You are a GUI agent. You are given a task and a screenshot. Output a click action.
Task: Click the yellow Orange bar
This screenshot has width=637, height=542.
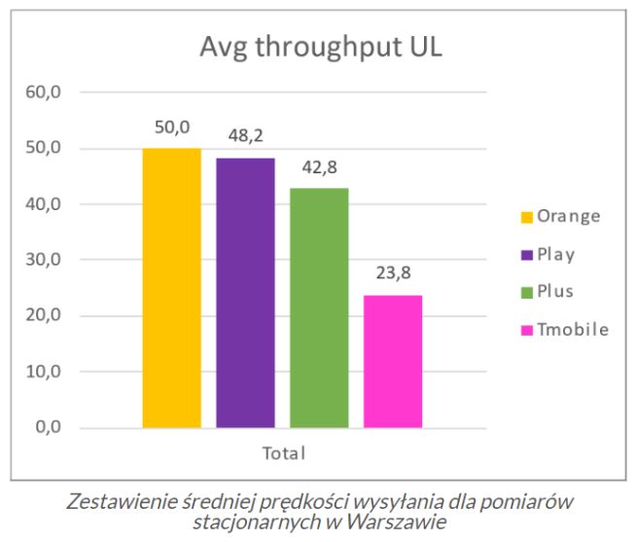[x=171, y=288]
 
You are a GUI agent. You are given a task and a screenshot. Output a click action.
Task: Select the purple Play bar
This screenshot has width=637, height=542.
[x=245, y=293]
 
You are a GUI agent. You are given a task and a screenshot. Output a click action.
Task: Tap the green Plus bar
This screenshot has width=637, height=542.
[x=319, y=307]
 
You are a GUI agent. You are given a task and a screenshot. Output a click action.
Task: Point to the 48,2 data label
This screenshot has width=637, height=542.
[x=245, y=135]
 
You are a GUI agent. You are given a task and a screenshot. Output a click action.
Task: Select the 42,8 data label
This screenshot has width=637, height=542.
[x=319, y=165]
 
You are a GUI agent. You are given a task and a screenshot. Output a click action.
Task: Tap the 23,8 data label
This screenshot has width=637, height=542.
[x=393, y=272]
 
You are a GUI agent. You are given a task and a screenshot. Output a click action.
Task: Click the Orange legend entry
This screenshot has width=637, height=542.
[x=568, y=216]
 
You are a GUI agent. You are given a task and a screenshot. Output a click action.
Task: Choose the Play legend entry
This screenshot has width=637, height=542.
[x=555, y=255]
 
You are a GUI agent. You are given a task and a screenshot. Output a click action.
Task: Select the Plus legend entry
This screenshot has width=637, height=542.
[x=555, y=292]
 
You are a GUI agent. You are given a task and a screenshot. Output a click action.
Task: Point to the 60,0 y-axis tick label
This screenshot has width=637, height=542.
[x=44, y=93]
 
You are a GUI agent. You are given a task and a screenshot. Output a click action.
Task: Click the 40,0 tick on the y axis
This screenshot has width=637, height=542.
[x=44, y=204]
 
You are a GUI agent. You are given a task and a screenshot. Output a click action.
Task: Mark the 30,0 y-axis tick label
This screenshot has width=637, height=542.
[x=44, y=260]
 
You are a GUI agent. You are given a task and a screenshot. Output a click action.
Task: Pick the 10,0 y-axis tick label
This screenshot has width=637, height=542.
[x=44, y=372]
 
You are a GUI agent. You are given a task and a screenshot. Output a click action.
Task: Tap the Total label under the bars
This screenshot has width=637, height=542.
[x=283, y=453]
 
